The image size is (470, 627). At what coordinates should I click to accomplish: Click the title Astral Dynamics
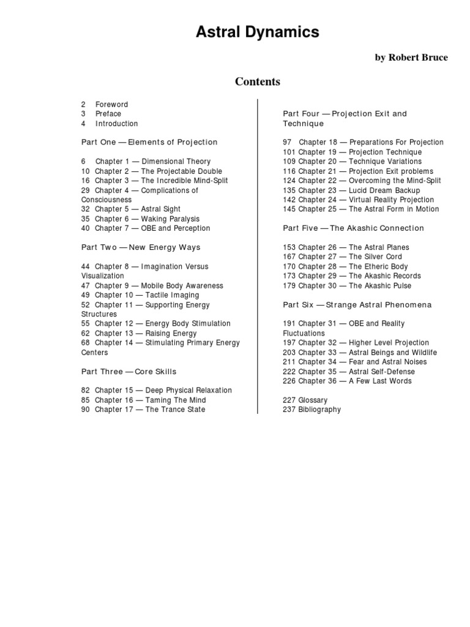(x=257, y=32)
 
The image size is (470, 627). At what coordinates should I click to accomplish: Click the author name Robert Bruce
(x=411, y=58)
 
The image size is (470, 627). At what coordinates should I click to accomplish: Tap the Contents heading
(x=258, y=81)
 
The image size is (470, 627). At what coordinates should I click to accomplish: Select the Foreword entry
(x=111, y=104)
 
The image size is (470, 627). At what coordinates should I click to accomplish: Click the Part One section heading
(x=149, y=142)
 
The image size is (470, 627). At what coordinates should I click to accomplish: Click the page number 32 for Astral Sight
(x=85, y=209)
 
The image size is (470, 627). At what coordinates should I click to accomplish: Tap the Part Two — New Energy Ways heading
(x=141, y=247)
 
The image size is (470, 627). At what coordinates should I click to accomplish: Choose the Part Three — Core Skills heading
(x=130, y=372)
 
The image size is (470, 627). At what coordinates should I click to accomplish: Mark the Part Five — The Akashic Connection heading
(x=353, y=228)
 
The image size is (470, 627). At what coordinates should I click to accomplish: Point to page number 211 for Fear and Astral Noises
(x=289, y=362)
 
